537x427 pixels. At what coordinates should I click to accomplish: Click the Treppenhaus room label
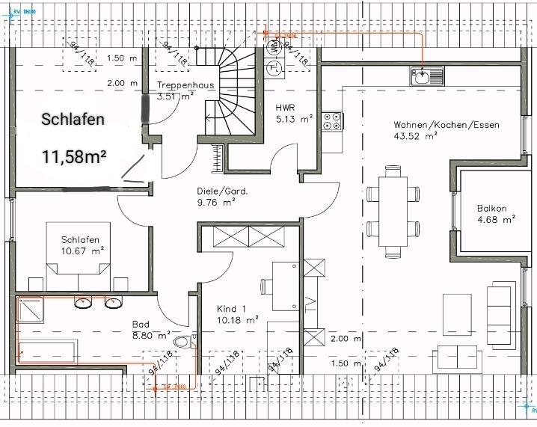click(x=185, y=85)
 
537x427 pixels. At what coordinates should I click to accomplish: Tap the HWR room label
click(x=285, y=107)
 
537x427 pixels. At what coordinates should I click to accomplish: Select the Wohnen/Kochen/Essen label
click(x=447, y=125)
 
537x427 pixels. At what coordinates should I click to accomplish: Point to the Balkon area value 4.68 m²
click(x=497, y=220)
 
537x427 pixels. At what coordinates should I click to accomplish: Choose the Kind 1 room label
click(x=231, y=309)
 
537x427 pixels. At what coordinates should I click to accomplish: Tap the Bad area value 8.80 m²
click(x=152, y=336)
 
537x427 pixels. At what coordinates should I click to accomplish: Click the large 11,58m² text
click(x=74, y=156)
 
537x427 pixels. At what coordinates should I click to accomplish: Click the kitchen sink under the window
click(x=426, y=75)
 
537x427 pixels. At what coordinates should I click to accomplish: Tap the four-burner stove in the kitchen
click(x=332, y=122)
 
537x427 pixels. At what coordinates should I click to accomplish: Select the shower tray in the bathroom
click(x=32, y=308)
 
